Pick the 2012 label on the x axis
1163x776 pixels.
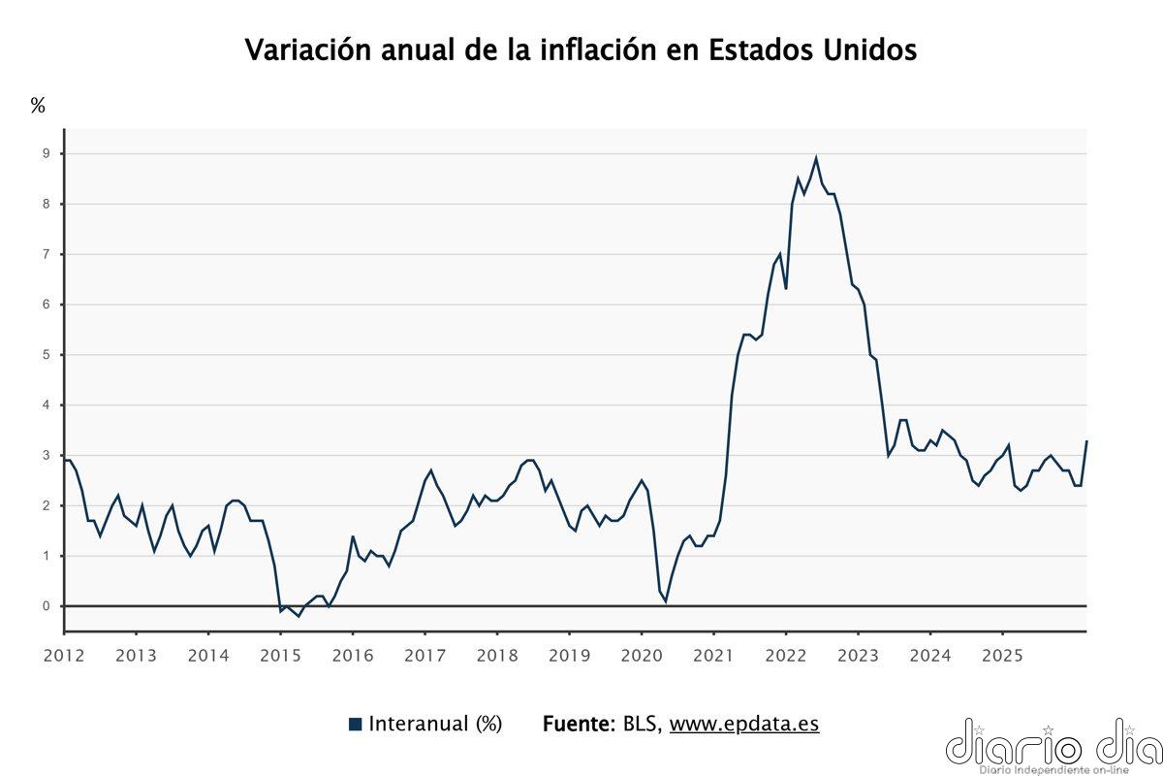(64, 655)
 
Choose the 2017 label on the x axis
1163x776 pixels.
(424, 655)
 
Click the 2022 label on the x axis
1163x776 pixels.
(786, 655)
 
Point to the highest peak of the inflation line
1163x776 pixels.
(816, 158)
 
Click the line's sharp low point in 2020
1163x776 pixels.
(665, 600)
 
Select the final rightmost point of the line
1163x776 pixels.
(1086, 441)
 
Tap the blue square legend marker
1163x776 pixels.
(355, 724)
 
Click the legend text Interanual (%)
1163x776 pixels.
(435, 724)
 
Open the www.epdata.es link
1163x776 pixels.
(744, 724)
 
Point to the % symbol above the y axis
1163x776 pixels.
(38, 106)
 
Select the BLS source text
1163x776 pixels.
(642, 724)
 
